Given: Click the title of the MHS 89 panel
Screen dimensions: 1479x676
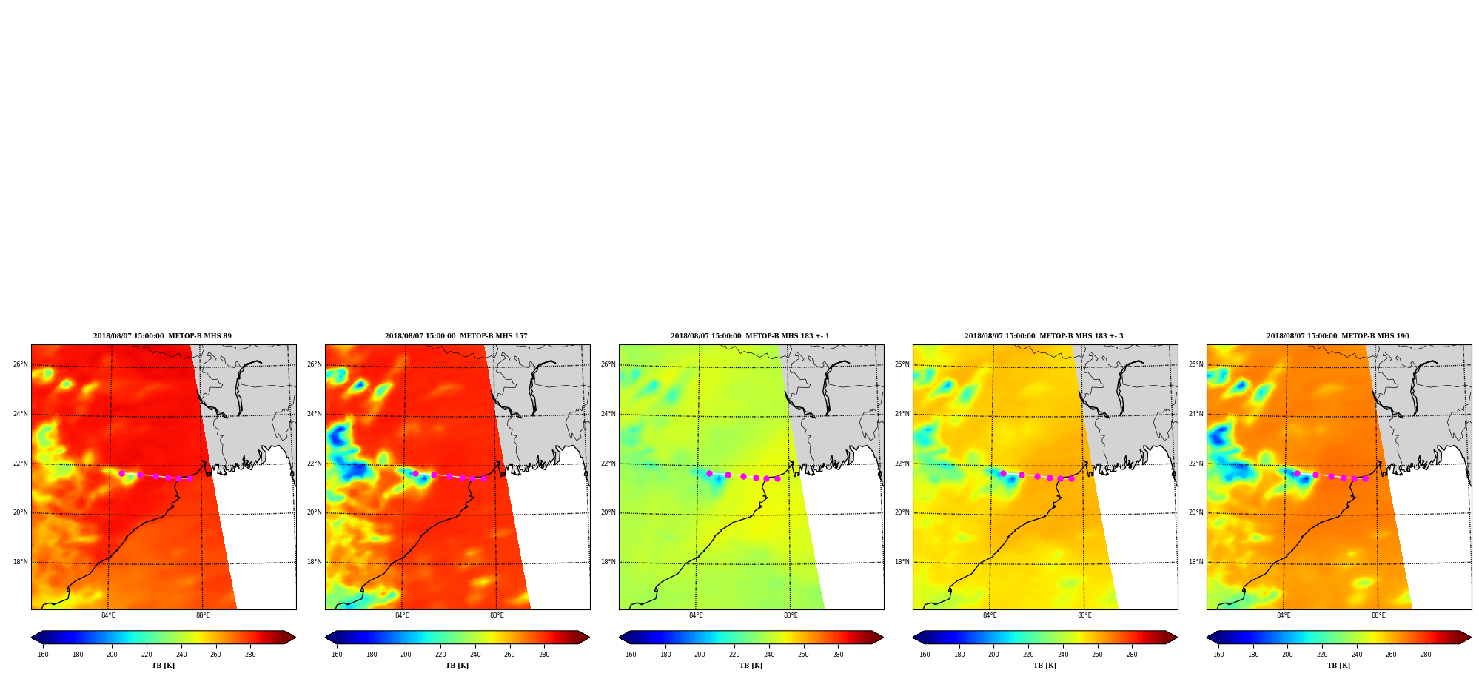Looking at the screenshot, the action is (162, 336).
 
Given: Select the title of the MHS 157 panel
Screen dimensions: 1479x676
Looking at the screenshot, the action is (456, 336).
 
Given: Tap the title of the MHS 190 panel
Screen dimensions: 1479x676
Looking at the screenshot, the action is (1338, 336).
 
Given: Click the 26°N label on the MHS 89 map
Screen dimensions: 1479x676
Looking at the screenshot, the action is (20, 364).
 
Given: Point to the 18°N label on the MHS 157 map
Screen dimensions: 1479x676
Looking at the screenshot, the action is (314, 562).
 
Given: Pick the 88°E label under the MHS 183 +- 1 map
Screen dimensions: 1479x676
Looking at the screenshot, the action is (791, 615).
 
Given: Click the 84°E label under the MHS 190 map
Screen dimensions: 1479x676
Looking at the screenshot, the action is (1284, 615).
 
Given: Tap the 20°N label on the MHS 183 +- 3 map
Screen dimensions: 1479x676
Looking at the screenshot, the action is (902, 512).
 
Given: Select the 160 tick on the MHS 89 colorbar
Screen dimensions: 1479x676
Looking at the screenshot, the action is (43, 655).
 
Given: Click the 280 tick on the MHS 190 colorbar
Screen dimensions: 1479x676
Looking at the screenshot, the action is (1426, 655).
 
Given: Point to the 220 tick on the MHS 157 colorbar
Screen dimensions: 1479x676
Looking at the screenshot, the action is (440, 655).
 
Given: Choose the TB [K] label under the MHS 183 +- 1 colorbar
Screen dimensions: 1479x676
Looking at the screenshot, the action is (751, 666).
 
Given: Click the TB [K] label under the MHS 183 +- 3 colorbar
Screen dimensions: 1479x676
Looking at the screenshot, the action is (1044, 666).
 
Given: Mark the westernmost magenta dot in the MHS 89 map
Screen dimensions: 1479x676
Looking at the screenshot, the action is (121, 473).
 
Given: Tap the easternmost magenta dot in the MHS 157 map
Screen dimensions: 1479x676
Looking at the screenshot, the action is (483, 478).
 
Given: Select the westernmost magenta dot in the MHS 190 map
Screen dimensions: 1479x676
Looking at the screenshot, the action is (1297, 473).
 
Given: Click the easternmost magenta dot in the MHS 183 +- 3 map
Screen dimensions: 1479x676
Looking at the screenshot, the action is (1071, 478).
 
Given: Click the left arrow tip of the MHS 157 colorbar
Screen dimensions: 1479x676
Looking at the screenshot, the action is (325, 637).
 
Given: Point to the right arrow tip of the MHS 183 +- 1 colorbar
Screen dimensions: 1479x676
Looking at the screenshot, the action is (883, 637).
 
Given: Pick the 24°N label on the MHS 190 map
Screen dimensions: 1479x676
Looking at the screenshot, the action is (1195, 414).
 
